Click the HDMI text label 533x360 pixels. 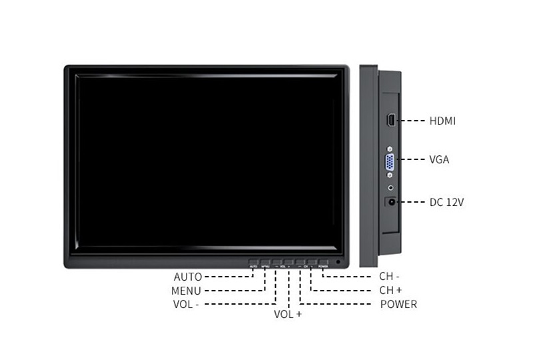442,121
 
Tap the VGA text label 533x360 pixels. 439,160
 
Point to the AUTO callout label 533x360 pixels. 187,277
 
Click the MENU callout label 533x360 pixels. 186,291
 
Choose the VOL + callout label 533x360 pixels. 288,314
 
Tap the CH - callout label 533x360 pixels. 389,276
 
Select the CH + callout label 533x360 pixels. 390,290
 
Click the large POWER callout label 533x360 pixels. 398,305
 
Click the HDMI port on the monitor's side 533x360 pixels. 390,121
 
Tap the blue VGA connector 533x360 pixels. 390,162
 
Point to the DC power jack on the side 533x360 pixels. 391,201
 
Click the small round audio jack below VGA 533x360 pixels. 390,189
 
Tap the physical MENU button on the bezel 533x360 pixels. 265,263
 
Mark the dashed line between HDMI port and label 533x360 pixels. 412,121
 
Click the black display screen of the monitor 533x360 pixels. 207,160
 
